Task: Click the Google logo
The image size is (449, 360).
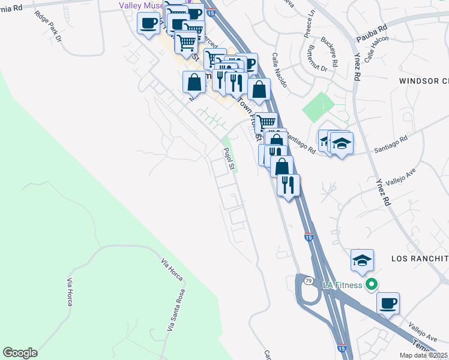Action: tap(20, 353)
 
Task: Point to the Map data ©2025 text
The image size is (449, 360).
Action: tap(423, 355)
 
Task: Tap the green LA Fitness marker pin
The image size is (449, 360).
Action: tap(372, 284)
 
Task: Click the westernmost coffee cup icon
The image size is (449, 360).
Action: tap(148, 24)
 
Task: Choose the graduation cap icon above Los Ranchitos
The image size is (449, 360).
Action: tap(363, 259)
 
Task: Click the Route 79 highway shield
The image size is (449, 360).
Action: tap(307, 281)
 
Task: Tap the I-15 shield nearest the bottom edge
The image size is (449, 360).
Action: tap(341, 347)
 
